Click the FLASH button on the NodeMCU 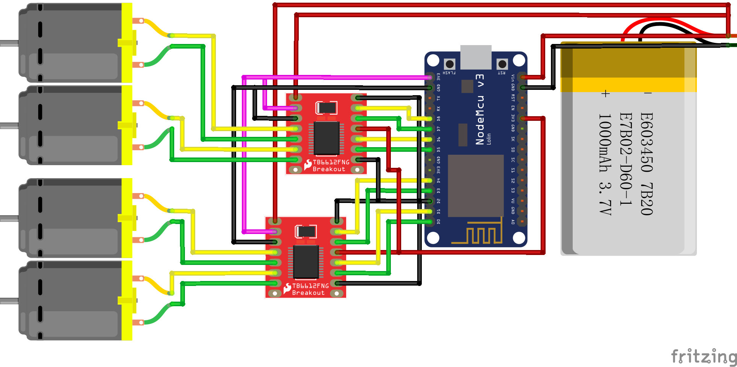point(450,64)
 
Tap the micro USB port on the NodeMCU point(476,56)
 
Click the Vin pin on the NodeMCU point(522,77)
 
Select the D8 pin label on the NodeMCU point(438,119)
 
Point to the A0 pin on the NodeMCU point(522,221)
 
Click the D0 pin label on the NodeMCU point(438,221)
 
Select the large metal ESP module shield point(476,185)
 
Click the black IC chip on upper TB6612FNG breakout point(327,138)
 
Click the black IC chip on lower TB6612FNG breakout point(306,262)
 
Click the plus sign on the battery point(605,94)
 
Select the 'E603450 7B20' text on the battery point(646,164)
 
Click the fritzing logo point(704,356)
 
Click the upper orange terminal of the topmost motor point(138,21)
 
